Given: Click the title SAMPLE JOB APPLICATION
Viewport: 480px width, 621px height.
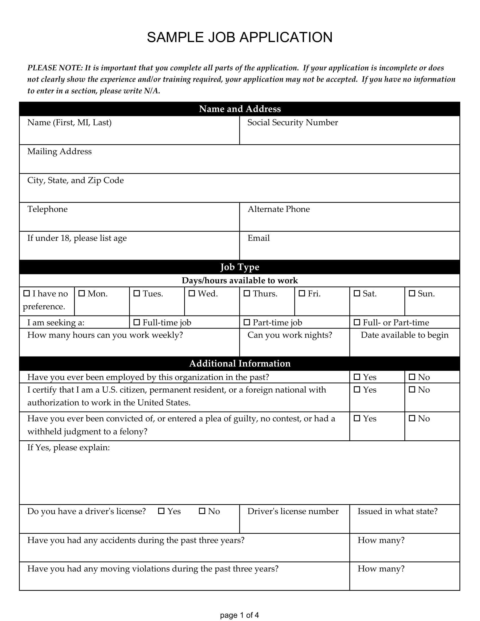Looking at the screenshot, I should pyautogui.click(x=239, y=37).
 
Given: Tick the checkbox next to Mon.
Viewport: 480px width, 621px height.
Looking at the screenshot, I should pyautogui.click(x=82, y=293).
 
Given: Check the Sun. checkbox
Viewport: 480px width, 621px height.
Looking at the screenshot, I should pyautogui.click(x=412, y=293).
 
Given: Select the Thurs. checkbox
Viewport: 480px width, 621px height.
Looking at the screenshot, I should pyautogui.click(x=247, y=293).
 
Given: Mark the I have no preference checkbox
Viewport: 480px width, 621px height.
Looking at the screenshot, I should pyautogui.click(x=27, y=293).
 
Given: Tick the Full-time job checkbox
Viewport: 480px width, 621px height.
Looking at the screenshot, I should pyautogui.click(x=137, y=322).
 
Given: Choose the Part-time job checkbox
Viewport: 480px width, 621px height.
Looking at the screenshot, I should pyautogui.click(x=247, y=322).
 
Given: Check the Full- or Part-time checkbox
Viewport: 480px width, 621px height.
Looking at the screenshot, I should pyautogui.click(x=357, y=322).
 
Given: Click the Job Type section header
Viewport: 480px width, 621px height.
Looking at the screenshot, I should pyautogui.click(x=239, y=267).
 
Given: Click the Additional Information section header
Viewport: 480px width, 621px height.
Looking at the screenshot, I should pyautogui.click(x=239, y=363).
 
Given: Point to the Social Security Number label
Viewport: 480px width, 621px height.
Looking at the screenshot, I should pyautogui.click(x=292, y=123).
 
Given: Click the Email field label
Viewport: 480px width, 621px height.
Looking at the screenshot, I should pyautogui.click(x=258, y=238).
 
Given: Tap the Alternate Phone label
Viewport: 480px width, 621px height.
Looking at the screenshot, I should pyautogui.click(x=278, y=209).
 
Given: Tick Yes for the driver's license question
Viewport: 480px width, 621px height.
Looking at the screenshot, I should pyautogui.click(x=161, y=511).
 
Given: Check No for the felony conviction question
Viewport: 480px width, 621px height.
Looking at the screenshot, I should pyautogui.click(x=412, y=418).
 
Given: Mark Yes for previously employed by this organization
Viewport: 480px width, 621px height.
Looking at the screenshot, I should pyautogui.click(x=357, y=377).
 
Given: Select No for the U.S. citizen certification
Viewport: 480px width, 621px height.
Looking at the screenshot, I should pyautogui.click(x=412, y=390).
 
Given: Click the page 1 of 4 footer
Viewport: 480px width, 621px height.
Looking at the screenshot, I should pyautogui.click(x=239, y=615).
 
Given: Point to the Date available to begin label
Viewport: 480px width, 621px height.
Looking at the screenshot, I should pyautogui.click(x=404, y=335).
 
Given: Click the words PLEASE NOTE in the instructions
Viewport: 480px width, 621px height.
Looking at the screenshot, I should pyautogui.click(x=54, y=68).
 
